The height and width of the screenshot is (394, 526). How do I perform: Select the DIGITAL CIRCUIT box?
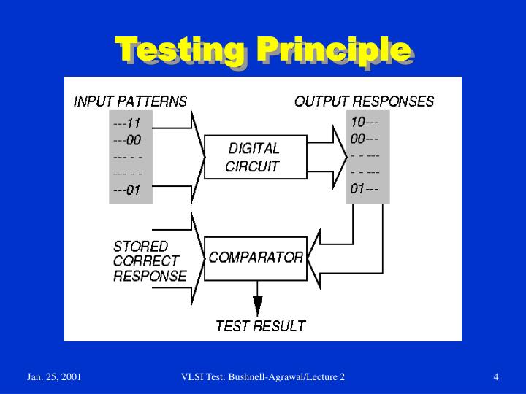[x=254, y=157]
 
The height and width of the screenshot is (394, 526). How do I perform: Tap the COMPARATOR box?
[x=255, y=258]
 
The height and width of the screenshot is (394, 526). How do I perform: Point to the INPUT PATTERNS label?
[x=130, y=101]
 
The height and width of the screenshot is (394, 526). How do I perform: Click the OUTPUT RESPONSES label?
[x=364, y=101]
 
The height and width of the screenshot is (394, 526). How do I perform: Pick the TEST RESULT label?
[x=260, y=325]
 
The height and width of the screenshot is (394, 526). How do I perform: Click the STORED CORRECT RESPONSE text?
[x=149, y=261]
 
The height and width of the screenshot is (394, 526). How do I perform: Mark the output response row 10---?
[x=365, y=122]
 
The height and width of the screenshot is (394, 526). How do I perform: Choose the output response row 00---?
[x=365, y=139]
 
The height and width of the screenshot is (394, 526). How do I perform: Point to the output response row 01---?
[x=365, y=189]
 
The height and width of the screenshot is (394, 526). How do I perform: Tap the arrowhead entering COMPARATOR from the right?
[x=315, y=257]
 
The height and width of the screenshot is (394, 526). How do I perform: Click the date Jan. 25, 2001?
[x=55, y=376]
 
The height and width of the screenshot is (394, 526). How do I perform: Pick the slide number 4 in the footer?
[x=496, y=376]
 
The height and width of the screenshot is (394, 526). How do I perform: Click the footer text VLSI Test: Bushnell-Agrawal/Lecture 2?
[x=263, y=376]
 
